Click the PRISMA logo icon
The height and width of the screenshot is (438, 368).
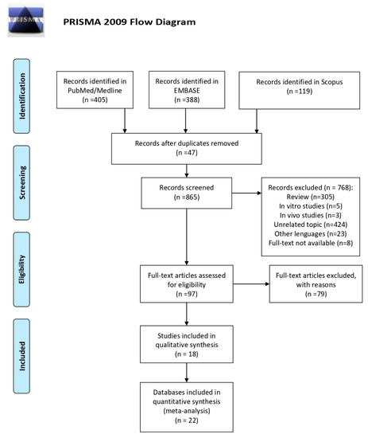point(26,20)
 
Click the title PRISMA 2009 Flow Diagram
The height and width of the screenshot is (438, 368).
point(130,22)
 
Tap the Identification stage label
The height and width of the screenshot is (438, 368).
point(21,96)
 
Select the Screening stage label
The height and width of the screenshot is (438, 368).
point(21,182)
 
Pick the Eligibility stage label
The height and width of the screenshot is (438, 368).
point(21,269)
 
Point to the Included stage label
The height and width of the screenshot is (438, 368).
point(21,356)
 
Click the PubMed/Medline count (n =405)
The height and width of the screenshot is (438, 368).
point(95,100)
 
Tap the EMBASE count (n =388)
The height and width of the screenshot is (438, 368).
point(187,100)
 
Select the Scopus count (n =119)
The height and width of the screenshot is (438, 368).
point(300,92)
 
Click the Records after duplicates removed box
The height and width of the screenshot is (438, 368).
point(187,149)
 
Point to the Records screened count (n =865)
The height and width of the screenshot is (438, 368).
point(187,197)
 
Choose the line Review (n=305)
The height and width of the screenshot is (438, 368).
point(310,197)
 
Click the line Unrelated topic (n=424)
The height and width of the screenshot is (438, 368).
point(310,225)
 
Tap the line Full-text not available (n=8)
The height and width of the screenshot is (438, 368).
point(311,243)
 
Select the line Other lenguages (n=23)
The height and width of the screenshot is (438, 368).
point(310,234)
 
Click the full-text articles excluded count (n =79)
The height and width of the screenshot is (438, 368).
point(316,294)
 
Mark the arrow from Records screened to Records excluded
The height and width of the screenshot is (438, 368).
point(246,193)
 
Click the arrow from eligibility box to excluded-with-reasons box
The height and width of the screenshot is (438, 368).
point(251,284)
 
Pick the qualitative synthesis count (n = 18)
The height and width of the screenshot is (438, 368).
point(187,354)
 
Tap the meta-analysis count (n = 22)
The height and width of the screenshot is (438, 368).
point(187,420)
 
